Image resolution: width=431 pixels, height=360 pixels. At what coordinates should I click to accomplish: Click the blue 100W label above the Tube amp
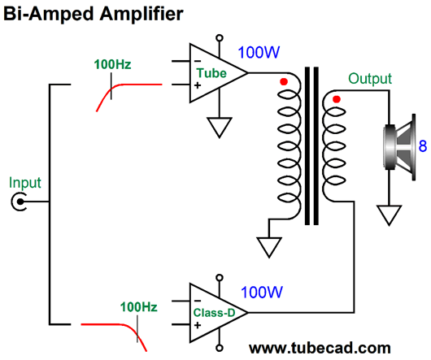pos(259,53)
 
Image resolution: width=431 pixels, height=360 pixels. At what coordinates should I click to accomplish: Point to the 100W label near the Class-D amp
pos(261,293)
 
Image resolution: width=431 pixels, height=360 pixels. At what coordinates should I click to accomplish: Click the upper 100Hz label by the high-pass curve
pos(112,64)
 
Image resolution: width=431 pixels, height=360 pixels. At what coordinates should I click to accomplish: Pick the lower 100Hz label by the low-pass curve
pos(138,307)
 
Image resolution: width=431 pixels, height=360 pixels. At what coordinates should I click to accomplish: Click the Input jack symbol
pos(20,202)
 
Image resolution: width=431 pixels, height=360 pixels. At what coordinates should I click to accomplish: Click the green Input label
pos(25,183)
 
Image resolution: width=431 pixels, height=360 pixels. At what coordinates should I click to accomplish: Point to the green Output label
pos(370,79)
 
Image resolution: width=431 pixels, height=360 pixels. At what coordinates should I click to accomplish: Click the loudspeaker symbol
pos(399,147)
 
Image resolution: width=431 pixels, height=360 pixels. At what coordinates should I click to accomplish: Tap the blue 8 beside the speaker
pos(423,145)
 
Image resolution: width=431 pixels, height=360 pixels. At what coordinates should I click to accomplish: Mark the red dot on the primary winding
pos(284,81)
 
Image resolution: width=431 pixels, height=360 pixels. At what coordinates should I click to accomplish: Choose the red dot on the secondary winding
pos(337,99)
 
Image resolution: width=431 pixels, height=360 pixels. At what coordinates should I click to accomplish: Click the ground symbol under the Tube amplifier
pos(219,128)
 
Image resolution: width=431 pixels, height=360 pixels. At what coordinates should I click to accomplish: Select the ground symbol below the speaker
pos(389,215)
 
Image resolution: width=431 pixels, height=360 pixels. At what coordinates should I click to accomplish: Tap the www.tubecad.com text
pos(320,348)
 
